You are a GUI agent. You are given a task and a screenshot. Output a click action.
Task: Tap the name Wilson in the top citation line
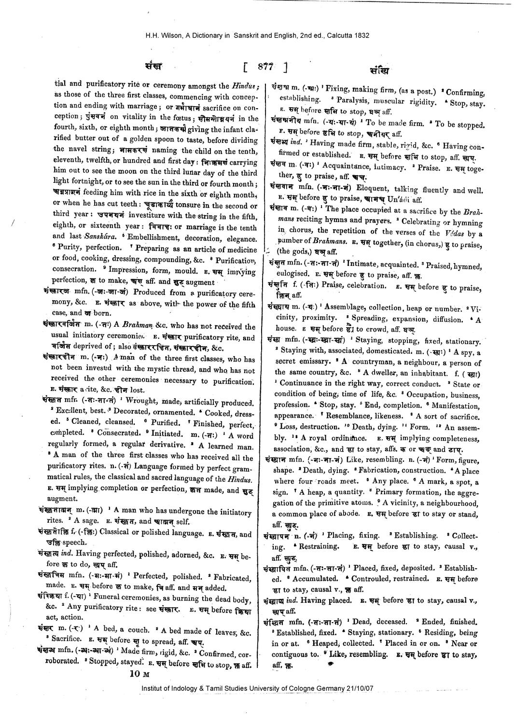(171, 35)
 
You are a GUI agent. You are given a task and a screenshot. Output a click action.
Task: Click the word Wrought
(136, 403)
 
